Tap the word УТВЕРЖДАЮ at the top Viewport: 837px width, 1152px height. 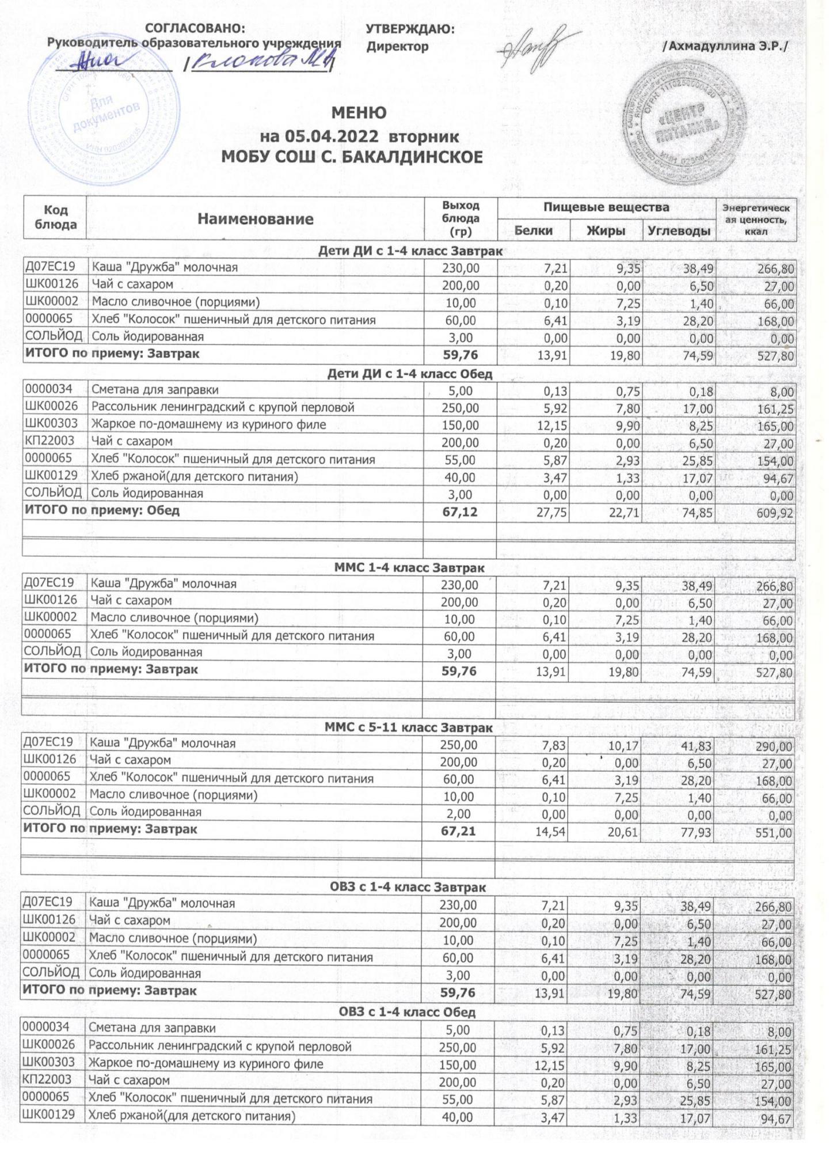(x=410, y=29)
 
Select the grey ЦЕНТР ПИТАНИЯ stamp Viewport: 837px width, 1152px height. (x=682, y=130)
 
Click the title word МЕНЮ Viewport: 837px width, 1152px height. (x=358, y=113)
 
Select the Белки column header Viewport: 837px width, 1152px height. (x=533, y=230)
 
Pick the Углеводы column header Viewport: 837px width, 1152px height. (x=679, y=230)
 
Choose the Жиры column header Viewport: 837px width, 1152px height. (x=606, y=230)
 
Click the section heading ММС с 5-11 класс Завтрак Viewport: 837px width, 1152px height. (x=409, y=728)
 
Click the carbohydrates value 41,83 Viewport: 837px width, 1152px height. (x=697, y=746)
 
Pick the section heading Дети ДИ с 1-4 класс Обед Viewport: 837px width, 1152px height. (x=409, y=374)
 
